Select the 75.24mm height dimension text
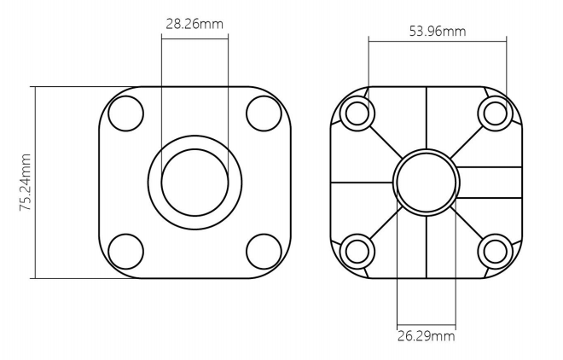coord(26,182)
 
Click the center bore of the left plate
coord(194,181)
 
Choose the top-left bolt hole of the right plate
coord(357,112)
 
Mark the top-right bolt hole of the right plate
coord(496,112)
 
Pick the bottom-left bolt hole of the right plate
coord(357,250)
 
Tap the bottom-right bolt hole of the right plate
coord(496,250)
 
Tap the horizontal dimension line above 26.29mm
coord(427,324)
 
